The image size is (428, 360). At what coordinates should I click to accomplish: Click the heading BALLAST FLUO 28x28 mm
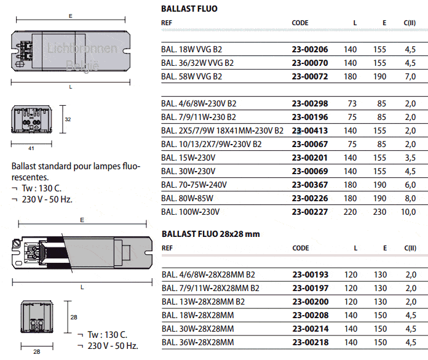point(210,234)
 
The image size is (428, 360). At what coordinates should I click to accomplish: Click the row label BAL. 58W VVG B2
point(191,76)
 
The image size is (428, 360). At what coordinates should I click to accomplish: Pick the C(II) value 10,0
point(409,212)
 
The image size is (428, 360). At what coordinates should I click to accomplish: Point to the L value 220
point(350,212)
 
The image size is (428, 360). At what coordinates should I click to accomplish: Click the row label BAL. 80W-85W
point(187,198)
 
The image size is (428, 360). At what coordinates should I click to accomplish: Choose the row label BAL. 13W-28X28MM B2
point(203,302)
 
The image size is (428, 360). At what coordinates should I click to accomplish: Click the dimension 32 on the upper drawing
point(68,121)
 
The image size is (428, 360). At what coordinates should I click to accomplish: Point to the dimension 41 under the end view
point(31,148)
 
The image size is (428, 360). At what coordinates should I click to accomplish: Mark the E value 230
point(380,212)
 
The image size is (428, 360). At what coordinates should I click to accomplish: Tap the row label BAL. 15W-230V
point(188,158)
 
